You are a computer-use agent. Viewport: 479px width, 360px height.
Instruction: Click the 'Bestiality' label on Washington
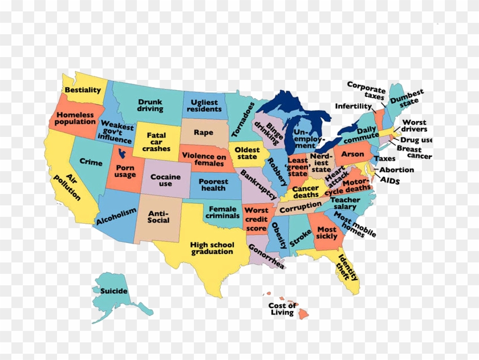[x=83, y=90]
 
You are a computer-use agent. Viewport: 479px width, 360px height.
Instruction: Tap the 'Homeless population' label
[x=76, y=119]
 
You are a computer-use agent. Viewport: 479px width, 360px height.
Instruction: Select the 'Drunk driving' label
[x=150, y=106]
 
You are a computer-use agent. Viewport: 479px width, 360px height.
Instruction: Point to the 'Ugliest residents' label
[x=204, y=106]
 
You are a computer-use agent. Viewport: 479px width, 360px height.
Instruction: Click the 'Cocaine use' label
[x=165, y=180]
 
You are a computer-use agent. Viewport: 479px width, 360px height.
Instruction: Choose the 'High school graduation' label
[x=212, y=248]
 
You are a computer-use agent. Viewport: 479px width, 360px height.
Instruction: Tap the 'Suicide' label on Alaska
[x=114, y=292]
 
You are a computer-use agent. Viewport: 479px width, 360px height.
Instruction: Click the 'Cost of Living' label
[x=282, y=309]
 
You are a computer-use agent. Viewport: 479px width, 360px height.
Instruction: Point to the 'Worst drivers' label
[x=414, y=126]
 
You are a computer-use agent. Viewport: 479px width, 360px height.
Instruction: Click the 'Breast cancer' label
[x=413, y=152]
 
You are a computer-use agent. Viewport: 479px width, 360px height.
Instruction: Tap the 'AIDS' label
[x=390, y=181]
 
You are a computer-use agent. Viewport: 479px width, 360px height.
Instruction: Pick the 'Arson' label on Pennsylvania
[x=352, y=155]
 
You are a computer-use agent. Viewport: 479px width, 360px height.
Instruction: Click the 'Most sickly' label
[x=327, y=233]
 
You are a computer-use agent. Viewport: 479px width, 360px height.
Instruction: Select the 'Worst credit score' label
[x=256, y=219]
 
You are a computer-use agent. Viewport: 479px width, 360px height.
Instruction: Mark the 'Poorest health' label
[x=213, y=185]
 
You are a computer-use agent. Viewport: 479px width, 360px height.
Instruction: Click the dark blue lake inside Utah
[x=120, y=153]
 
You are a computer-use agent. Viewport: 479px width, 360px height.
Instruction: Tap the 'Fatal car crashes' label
[x=156, y=142]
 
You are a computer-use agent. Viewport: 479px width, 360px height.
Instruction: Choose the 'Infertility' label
[x=353, y=106]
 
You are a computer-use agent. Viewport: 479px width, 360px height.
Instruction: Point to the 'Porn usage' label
[x=125, y=171]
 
